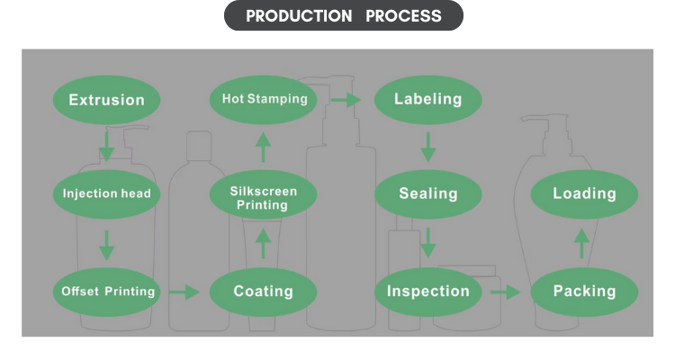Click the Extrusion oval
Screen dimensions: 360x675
(106, 99)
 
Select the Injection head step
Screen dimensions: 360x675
(107, 193)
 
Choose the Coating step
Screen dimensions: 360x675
(263, 292)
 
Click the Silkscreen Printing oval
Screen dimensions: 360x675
(263, 197)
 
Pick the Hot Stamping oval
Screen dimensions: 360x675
(264, 99)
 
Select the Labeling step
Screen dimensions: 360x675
(427, 99)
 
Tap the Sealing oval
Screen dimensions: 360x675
(428, 193)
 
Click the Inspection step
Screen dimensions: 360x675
(428, 292)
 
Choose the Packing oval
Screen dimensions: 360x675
(584, 292)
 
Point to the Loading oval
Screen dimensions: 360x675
(584, 193)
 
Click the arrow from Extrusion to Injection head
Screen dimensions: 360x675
(106, 145)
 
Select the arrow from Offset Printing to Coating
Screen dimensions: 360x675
(184, 292)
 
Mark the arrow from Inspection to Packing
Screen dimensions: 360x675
(506, 292)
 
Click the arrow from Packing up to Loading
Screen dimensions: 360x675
(582, 243)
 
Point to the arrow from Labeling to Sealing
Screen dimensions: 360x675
(428, 146)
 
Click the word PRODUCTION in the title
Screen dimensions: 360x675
(299, 16)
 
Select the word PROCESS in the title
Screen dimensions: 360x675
(403, 16)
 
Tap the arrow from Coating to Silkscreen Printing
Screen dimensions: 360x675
(263, 243)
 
